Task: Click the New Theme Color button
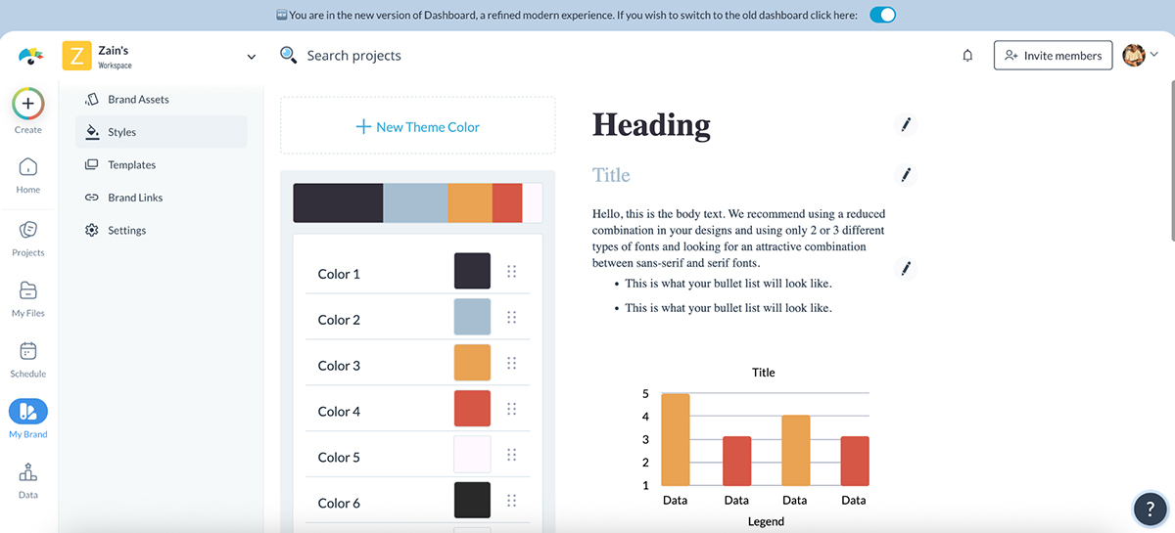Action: (x=417, y=126)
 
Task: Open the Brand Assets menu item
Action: (x=138, y=100)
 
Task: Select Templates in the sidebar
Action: (x=131, y=165)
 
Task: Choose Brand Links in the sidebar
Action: (x=135, y=198)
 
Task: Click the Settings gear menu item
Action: (x=126, y=231)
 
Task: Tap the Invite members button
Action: (x=1053, y=56)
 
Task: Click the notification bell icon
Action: (x=967, y=56)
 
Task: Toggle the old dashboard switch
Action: (x=882, y=15)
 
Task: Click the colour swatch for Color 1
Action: (x=472, y=271)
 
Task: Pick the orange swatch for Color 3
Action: (x=472, y=363)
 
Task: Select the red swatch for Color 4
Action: (x=472, y=409)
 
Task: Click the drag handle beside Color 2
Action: (x=511, y=317)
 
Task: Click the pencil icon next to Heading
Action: (x=906, y=124)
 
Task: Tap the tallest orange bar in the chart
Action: (x=676, y=439)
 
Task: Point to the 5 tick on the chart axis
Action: (x=645, y=394)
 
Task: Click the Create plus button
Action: (x=27, y=103)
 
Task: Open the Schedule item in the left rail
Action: (x=27, y=357)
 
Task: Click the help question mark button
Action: (x=1149, y=509)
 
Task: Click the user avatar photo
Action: (x=1134, y=56)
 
